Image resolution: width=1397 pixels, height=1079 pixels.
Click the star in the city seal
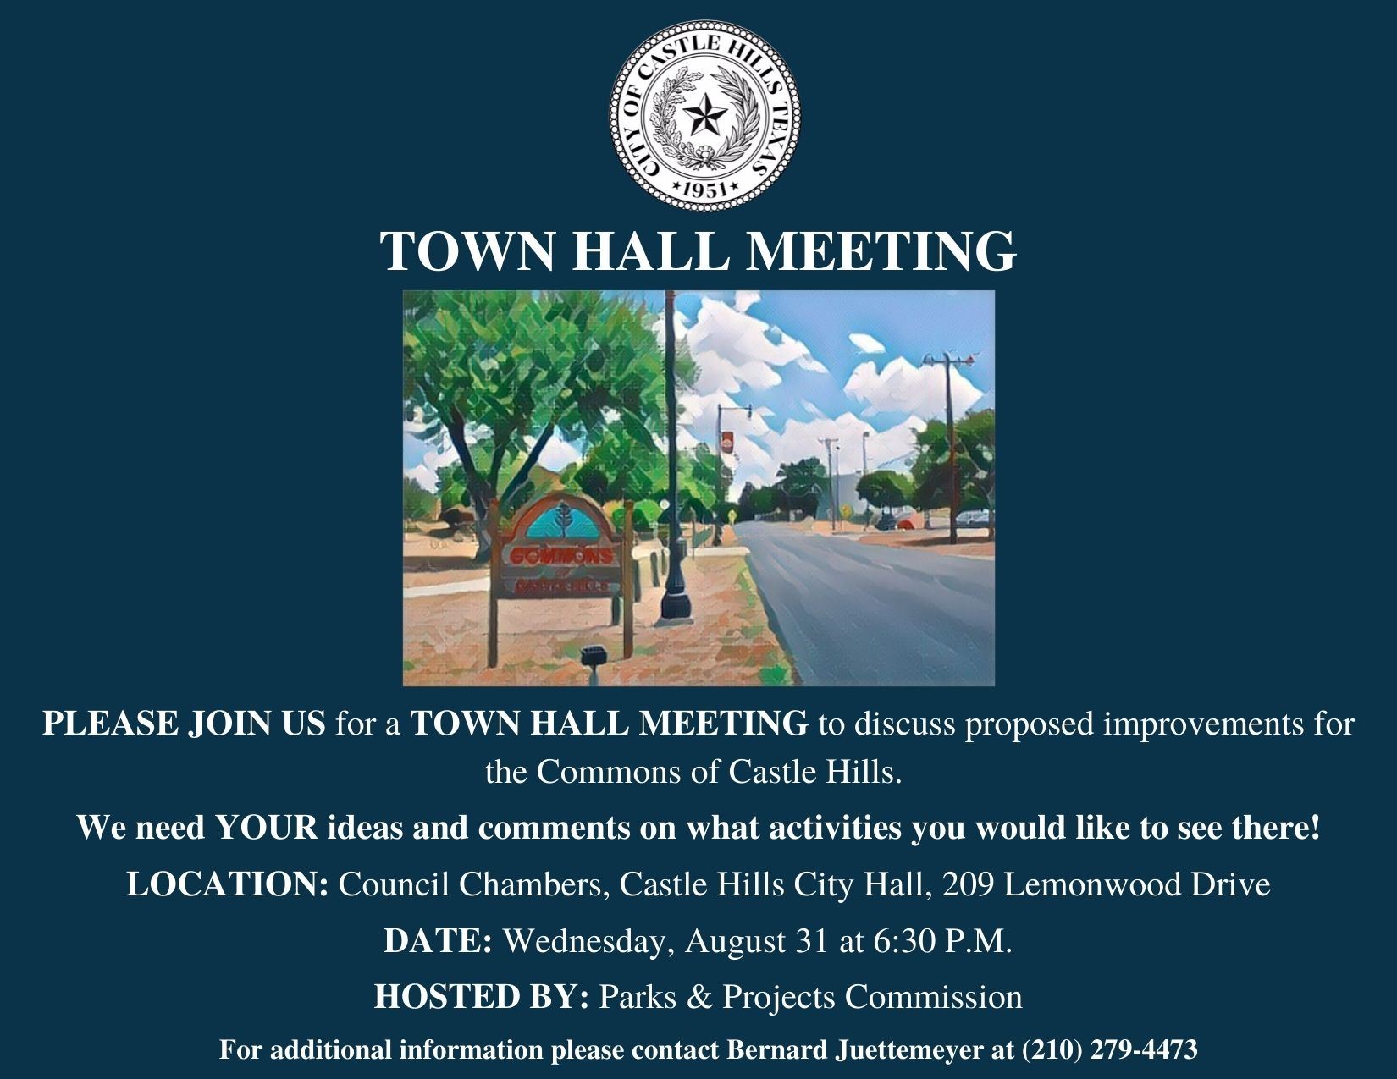(x=705, y=115)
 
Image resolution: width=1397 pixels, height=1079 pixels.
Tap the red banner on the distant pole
(x=726, y=441)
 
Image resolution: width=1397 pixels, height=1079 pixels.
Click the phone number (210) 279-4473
(x=1110, y=1050)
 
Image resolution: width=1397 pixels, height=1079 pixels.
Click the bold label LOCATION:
(x=227, y=885)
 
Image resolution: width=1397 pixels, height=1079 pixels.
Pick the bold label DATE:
(x=438, y=941)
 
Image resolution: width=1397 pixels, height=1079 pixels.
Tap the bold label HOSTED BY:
(x=481, y=997)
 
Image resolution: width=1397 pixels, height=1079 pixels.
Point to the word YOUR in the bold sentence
(x=267, y=828)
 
